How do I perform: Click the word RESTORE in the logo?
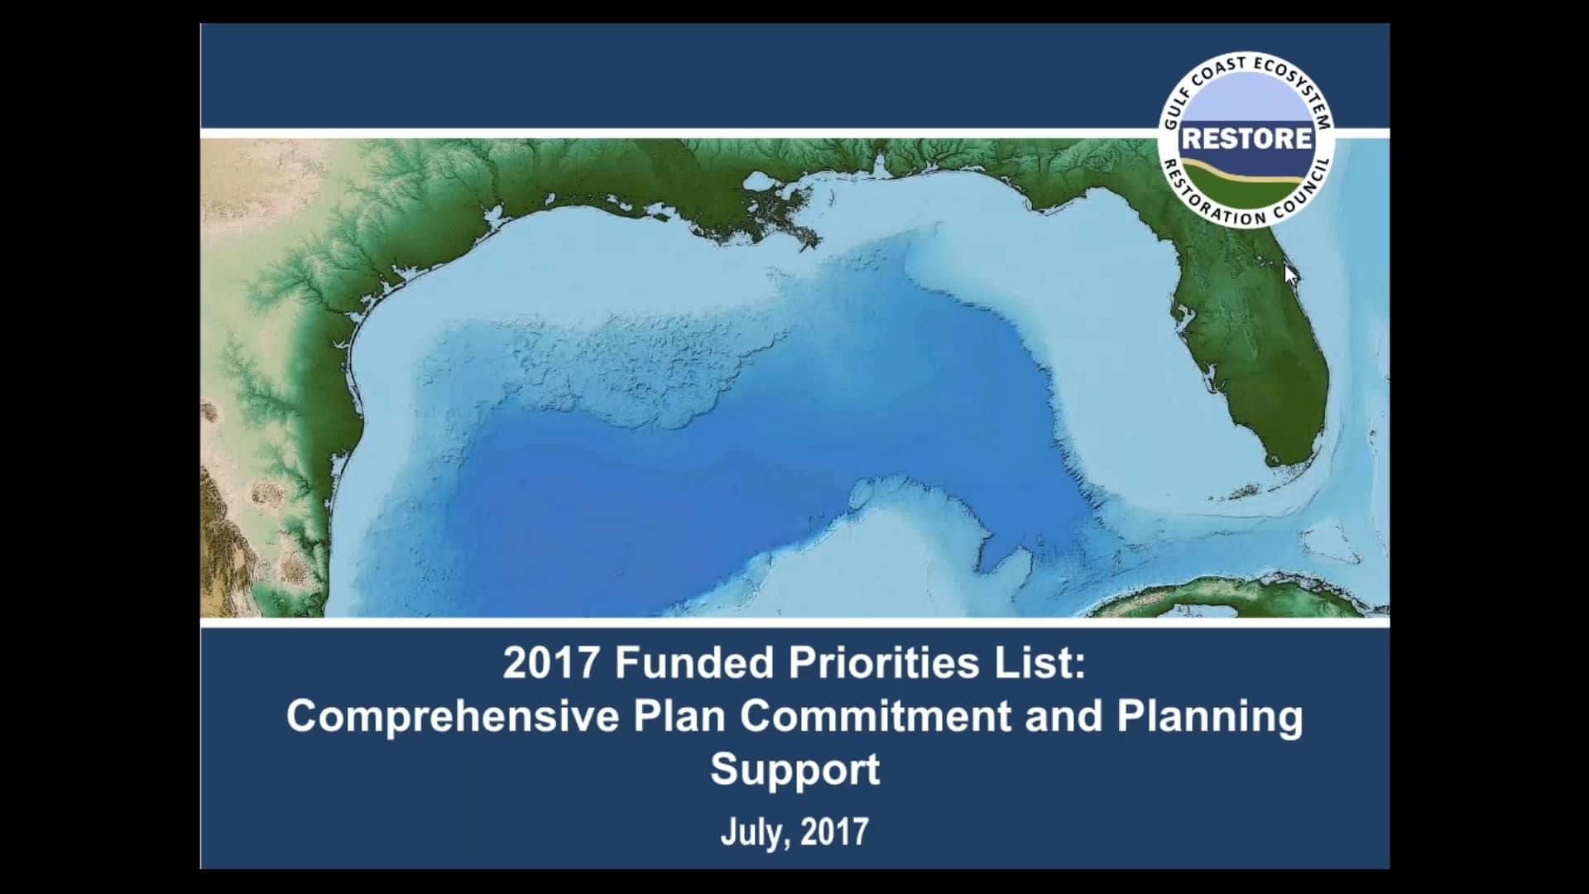tap(1246, 138)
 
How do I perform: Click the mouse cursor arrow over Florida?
tap(1290, 274)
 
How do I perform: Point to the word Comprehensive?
tap(453, 716)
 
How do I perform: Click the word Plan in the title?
tap(679, 716)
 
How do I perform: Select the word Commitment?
tap(876, 716)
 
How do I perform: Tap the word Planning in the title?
tap(1210, 716)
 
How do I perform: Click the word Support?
tap(795, 769)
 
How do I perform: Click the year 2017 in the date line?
tap(834, 831)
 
